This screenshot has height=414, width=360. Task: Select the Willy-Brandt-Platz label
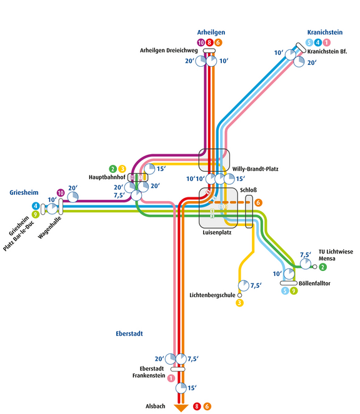pyautogui.click(x=254, y=169)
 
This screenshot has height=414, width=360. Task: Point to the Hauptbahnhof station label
pyautogui.click(x=106, y=177)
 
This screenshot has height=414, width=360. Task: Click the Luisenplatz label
pyautogui.click(x=217, y=233)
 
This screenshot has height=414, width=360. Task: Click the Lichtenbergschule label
pyautogui.click(x=212, y=293)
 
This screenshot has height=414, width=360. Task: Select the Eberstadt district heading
pyautogui.click(x=129, y=334)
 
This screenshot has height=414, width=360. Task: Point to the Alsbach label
pyautogui.click(x=155, y=407)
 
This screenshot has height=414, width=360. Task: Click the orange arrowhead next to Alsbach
pyautogui.click(x=181, y=408)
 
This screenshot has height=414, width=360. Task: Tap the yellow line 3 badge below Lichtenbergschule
pyautogui.click(x=239, y=303)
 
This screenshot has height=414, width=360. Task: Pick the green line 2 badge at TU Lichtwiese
pyautogui.click(x=322, y=267)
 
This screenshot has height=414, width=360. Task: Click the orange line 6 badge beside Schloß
pyautogui.click(x=258, y=202)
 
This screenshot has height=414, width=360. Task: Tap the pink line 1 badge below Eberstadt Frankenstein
pyautogui.click(x=171, y=379)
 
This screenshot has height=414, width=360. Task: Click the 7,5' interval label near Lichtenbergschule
pyautogui.click(x=255, y=286)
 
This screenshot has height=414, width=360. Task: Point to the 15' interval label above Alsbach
pyautogui.click(x=192, y=388)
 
